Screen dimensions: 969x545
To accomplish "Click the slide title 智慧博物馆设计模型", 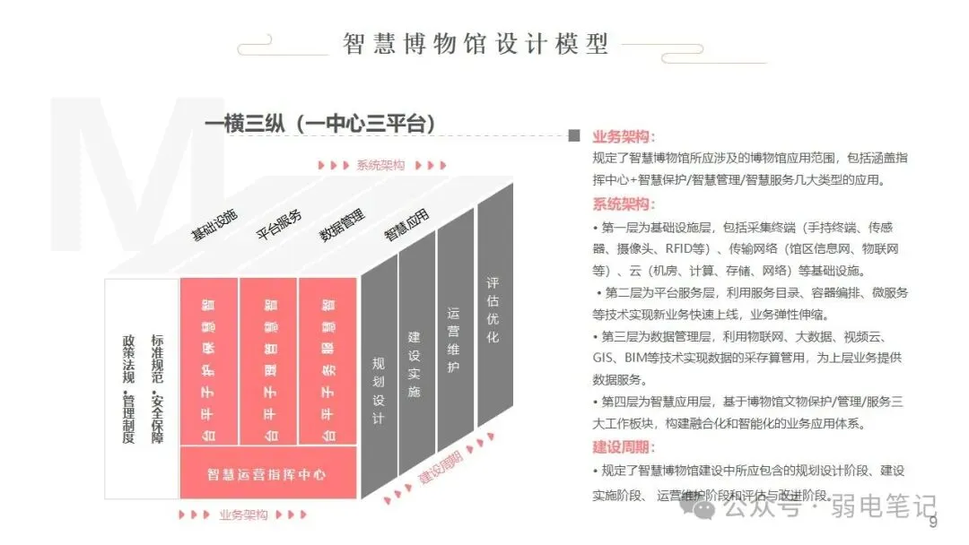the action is pos(476,43).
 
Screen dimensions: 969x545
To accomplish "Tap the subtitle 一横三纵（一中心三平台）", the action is pos(320,125).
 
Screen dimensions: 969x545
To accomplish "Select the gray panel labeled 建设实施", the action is pos(415,364).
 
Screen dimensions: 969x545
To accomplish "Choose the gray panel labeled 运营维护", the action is pos(453,341).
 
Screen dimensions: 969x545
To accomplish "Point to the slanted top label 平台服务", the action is pos(279,224).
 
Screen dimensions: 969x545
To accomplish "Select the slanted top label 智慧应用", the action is pos(406,224).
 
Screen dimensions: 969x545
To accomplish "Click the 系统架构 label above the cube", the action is pos(380,165).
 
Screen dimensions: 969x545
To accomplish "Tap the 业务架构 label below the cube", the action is pos(243,515).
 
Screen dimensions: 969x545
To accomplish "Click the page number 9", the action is pos(932,523).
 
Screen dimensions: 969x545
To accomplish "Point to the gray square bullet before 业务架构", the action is pos(574,136).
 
